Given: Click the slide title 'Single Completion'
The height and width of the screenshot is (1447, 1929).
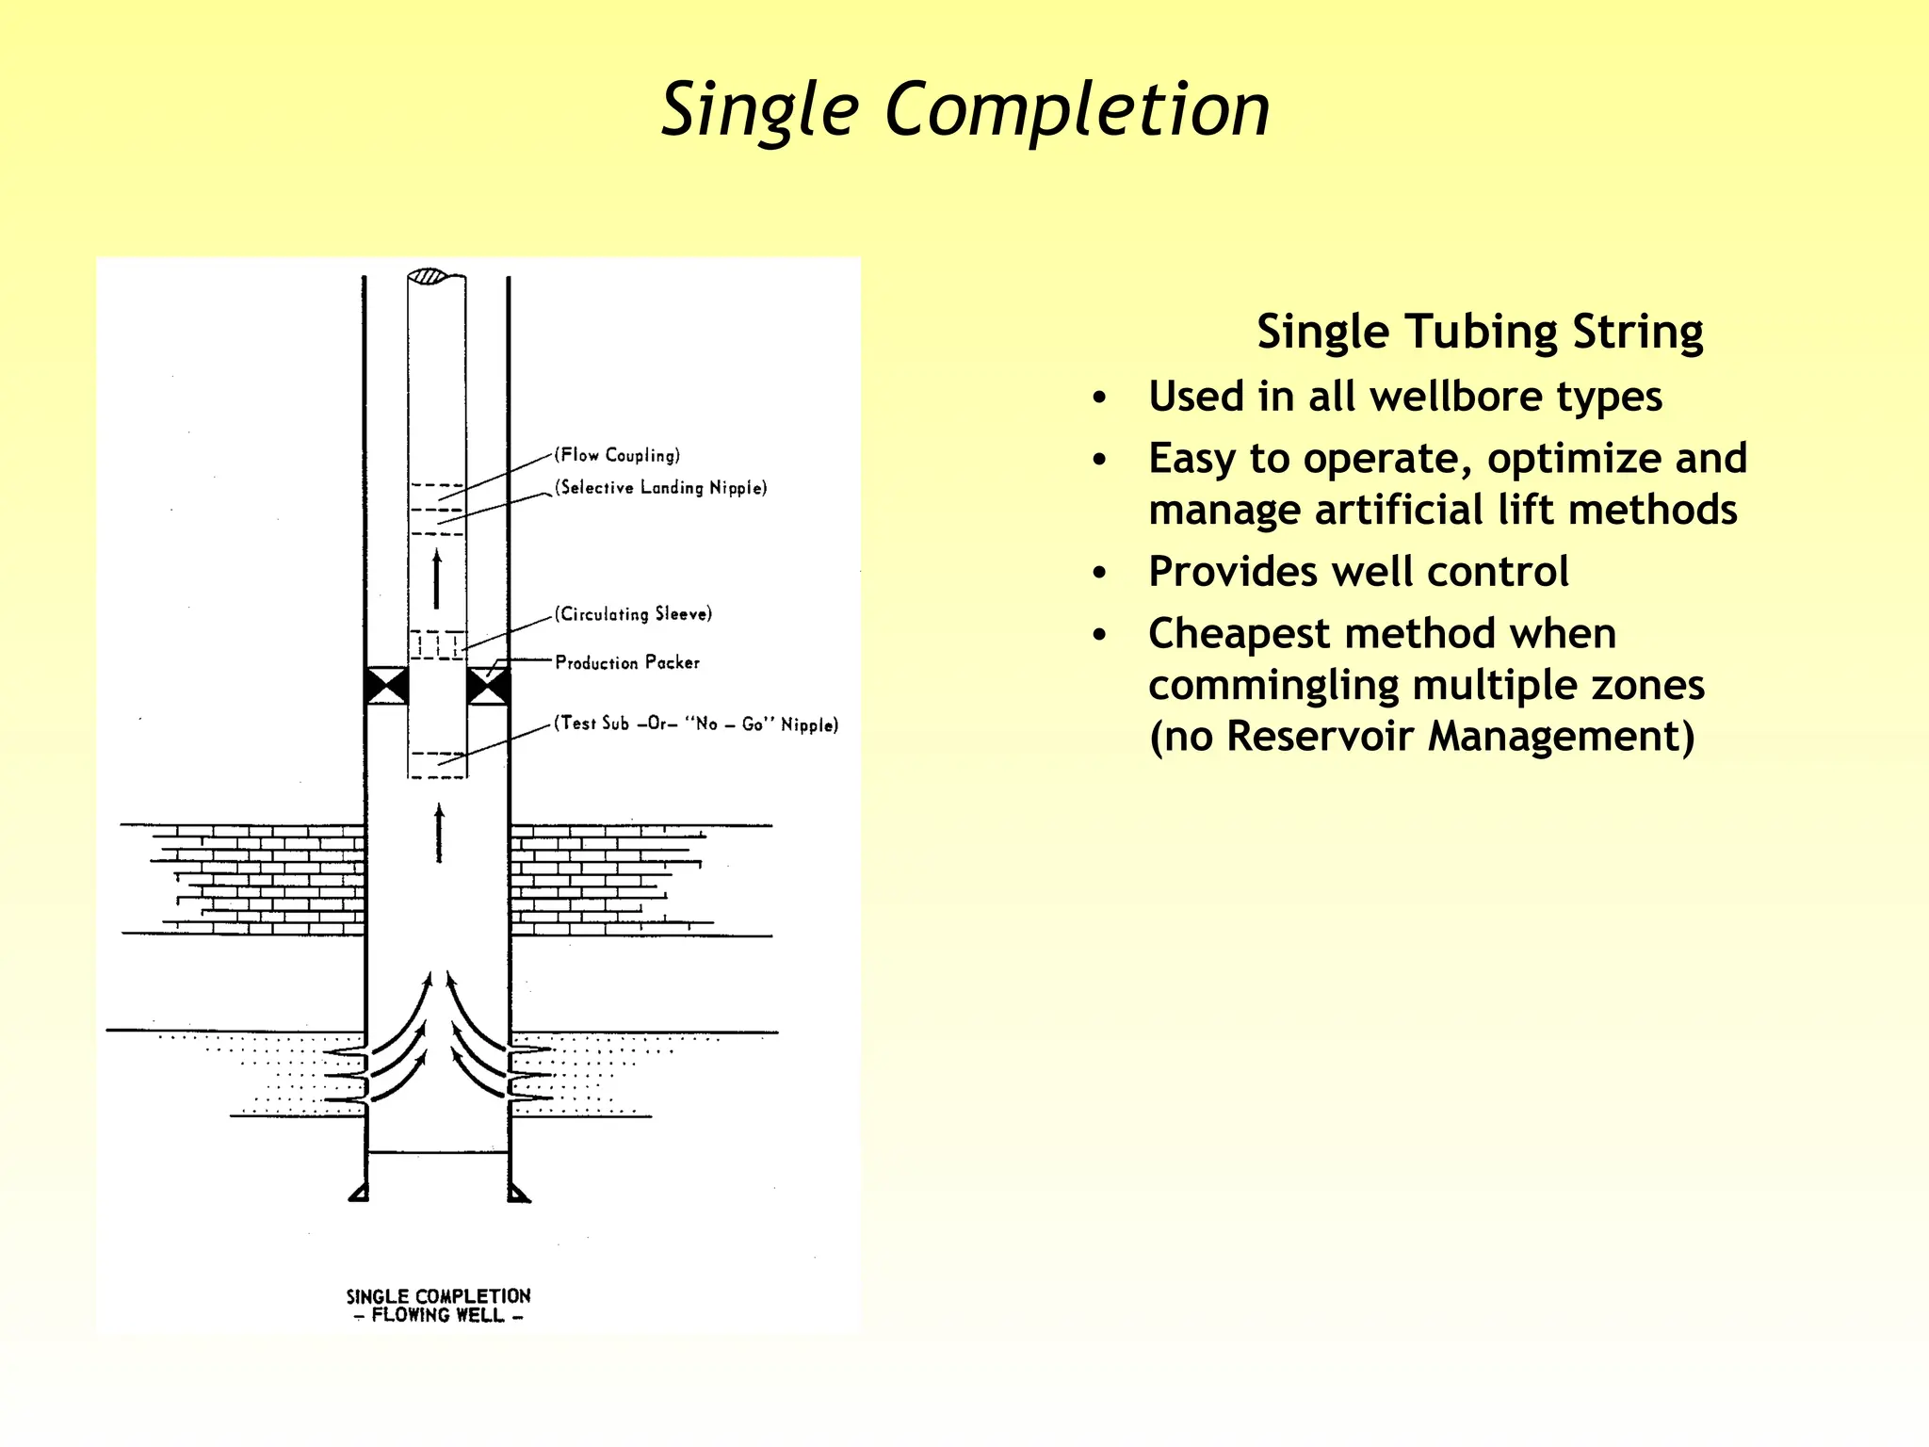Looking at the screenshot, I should (x=965, y=110).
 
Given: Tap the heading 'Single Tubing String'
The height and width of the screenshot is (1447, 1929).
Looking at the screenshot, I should (x=1480, y=332).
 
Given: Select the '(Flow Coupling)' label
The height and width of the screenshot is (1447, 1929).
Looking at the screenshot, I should (x=618, y=455).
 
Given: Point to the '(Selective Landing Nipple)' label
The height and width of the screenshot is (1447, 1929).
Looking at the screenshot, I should (x=661, y=487).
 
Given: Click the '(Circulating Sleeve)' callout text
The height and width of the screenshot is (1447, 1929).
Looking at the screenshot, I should (x=633, y=614).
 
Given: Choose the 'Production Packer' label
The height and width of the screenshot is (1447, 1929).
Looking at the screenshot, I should (x=627, y=662).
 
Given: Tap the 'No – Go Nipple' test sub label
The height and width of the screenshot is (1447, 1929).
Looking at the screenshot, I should (x=696, y=723).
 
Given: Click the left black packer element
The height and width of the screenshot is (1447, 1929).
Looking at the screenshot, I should (x=386, y=686).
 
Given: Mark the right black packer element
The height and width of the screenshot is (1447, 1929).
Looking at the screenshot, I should (x=489, y=686).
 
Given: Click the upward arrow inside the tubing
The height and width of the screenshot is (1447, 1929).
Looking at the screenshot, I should (x=436, y=579).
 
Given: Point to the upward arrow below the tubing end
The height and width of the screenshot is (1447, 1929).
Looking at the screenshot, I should (x=439, y=833).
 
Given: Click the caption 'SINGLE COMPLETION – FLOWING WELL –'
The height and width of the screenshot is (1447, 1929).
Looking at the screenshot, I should (x=438, y=1306).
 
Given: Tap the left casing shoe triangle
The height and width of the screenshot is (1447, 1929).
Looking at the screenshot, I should (x=359, y=1194).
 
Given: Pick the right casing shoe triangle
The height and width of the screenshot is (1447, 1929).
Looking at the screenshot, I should (x=518, y=1194).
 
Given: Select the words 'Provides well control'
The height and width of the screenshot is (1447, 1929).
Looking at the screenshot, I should (x=1358, y=571).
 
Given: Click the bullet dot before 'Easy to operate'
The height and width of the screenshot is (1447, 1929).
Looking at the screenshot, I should (x=1099, y=460).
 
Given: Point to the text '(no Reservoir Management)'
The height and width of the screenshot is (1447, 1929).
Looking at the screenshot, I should (x=1421, y=736).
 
